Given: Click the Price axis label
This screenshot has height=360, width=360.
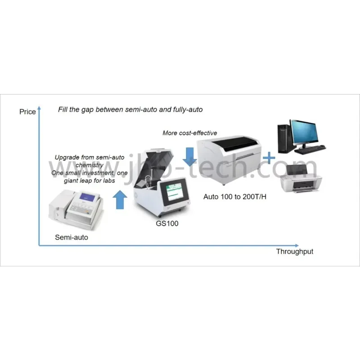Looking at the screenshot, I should click(27, 112).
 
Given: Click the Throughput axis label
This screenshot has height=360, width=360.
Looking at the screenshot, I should click(294, 252).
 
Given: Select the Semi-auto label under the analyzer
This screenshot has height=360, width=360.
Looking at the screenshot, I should click(72, 237).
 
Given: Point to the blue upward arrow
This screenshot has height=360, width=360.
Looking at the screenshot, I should click(119, 199).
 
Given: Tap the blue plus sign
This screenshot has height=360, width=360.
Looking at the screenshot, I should click(269, 158).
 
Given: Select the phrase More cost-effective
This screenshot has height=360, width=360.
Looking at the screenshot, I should click(189, 133).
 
